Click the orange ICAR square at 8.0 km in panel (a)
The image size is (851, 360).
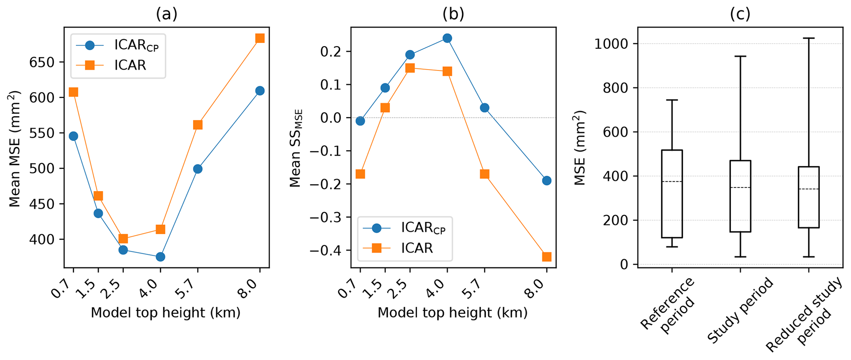(x=259, y=38)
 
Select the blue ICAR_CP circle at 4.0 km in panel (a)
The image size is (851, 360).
(x=160, y=257)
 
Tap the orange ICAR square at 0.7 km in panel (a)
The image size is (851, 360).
(x=73, y=92)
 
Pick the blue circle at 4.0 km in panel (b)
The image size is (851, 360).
(x=447, y=38)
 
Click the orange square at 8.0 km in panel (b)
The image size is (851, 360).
(x=546, y=257)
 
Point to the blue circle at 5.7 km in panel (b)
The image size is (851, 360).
(x=484, y=108)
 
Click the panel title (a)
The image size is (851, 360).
(x=166, y=14)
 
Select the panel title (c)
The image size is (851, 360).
(x=740, y=14)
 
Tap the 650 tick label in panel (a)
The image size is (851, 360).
(x=42, y=63)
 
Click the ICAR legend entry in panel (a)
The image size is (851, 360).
(x=130, y=65)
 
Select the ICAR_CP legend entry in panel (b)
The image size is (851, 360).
(x=423, y=228)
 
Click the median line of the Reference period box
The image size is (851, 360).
(x=672, y=182)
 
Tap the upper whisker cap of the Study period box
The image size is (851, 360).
(x=740, y=56)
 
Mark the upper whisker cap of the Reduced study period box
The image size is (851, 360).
(x=809, y=38)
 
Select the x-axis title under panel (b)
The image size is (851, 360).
(x=452, y=313)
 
